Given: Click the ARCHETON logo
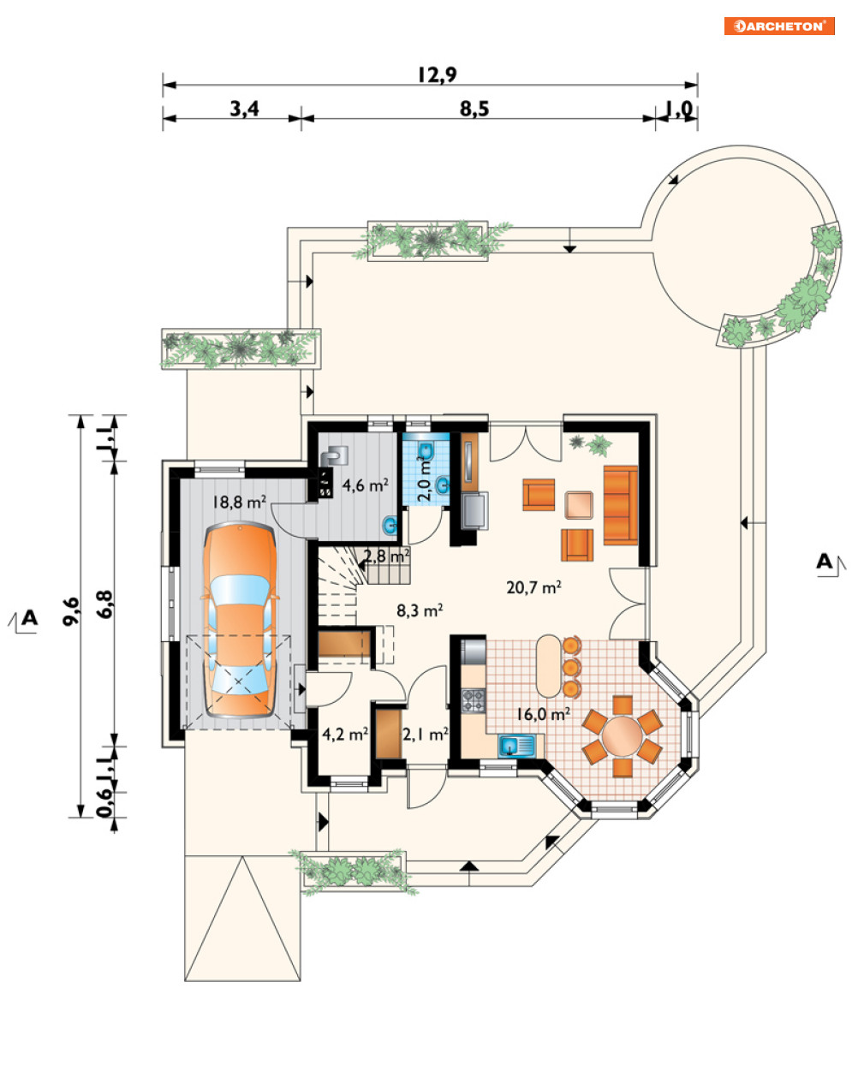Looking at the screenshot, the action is (x=778, y=26).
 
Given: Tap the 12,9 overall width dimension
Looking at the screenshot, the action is (x=438, y=75).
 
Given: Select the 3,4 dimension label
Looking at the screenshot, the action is (x=245, y=109).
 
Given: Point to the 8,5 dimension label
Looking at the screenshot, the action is (x=474, y=109).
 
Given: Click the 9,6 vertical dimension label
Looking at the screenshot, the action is (x=71, y=611).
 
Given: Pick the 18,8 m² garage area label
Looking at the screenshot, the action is (x=239, y=503).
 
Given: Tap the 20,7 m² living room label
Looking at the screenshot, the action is (x=533, y=587).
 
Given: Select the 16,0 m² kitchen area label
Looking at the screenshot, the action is (x=543, y=714).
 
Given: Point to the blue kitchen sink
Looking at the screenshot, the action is (x=516, y=746).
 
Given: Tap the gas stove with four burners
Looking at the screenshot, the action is (x=474, y=700).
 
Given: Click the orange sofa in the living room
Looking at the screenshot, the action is (x=620, y=505).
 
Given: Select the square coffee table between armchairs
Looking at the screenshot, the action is (x=579, y=505).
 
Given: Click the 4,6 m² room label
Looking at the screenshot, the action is (x=366, y=485).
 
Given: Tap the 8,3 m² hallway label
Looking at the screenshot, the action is (x=420, y=610).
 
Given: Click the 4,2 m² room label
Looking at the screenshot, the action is (x=345, y=734).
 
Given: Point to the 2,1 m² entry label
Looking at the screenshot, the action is (x=426, y=735).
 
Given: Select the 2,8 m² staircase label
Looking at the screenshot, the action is (x=387, y=556).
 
